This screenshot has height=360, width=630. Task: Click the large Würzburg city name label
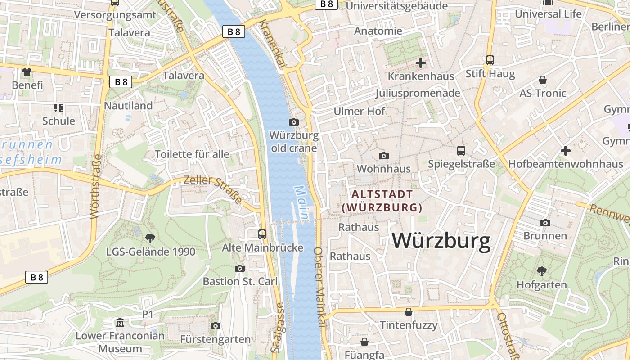[x=441, y=241]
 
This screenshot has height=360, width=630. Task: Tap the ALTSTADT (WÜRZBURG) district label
[x=382, y=201]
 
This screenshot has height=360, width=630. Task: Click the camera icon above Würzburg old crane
[x=294, y=122]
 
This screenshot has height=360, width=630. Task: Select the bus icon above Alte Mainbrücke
[x=262, y=234]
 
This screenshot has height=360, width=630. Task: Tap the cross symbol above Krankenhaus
[x=421, y=63]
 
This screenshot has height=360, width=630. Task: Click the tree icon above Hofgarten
[x=542, y=271]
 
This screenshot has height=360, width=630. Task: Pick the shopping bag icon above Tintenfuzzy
[x=409, y=311]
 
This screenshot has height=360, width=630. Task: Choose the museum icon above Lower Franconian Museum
[x=120, y=322]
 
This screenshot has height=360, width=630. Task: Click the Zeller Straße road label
[x=212, y=189]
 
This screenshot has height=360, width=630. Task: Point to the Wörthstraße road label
[x=96, y=187]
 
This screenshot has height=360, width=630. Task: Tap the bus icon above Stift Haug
[x=490, y=60]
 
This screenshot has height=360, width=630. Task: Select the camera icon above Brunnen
[x=545, y=223]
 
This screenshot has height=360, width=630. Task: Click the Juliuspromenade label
[x=418, y=93]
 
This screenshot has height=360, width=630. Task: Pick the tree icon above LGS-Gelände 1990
[x=150, y=238]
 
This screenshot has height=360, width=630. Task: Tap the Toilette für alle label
[x=192, y=154]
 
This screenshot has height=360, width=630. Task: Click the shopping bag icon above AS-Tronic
[x=543, y=80]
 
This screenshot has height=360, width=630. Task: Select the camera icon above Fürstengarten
[x=216, y=326]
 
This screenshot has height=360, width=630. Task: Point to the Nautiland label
[x=128, y=106]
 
